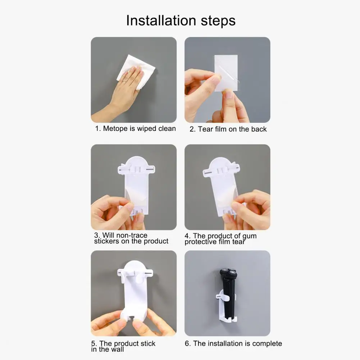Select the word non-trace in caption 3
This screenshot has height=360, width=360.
(x=130, y=235)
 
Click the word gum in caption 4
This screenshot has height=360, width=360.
(x=250, y=236)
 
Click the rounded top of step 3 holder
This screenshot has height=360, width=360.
(x=136, y=163)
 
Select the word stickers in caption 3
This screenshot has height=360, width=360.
(x=107, y=241)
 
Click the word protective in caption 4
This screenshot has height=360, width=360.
(x=202, y=242)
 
